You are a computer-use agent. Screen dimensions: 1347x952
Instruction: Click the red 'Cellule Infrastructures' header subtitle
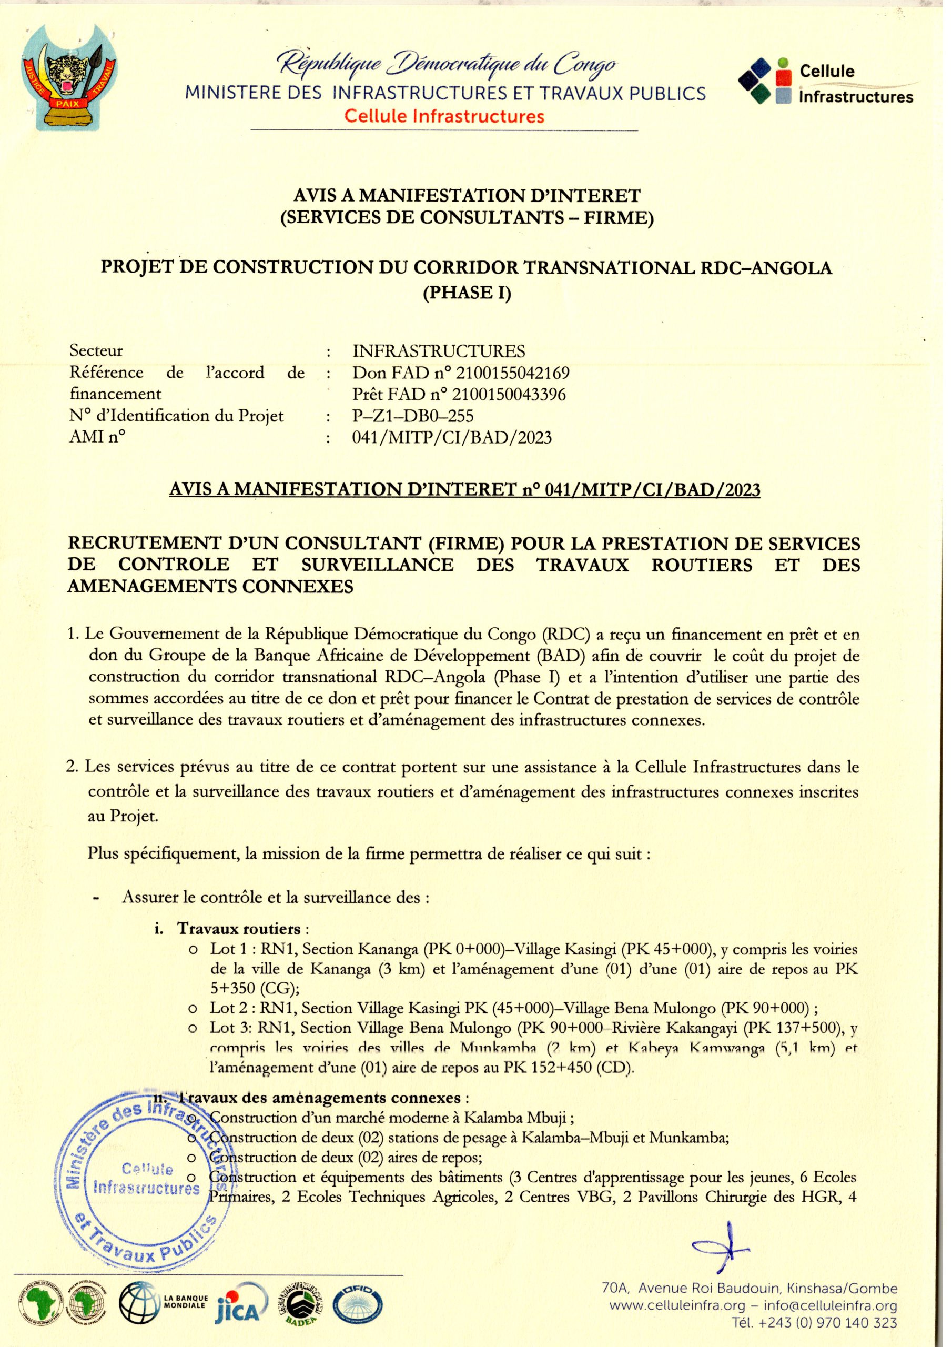[x=444, y=116]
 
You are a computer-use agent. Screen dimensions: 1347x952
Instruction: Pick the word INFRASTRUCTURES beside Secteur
[x=439, y=351]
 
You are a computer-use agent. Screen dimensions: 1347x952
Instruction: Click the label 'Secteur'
[x=96, y=351]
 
